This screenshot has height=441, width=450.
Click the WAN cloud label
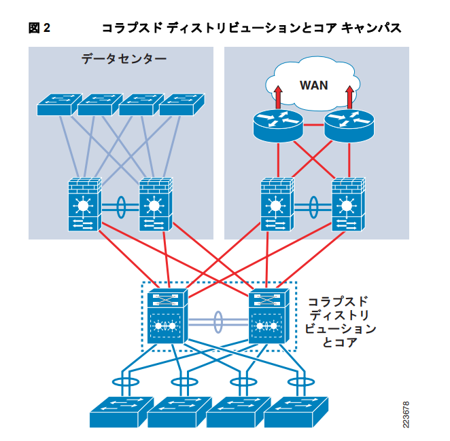[313, 85]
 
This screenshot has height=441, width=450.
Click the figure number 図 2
[39, 28]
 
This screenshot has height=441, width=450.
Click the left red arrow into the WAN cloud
[277, 96]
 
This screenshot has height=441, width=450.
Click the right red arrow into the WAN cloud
[350, 96]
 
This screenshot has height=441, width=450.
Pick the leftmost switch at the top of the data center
[57, 104]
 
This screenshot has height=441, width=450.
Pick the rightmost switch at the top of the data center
[182, 104]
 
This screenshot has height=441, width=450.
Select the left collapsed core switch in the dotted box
[167, 317]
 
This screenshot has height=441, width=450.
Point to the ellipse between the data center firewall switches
[120, 207]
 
